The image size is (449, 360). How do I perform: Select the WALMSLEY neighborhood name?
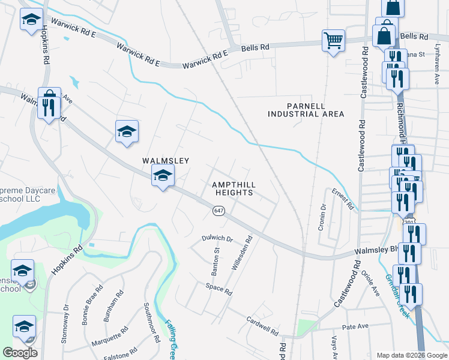click(166, 161)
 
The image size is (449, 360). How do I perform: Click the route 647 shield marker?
click(218, 211)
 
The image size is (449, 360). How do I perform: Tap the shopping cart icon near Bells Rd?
click(333, 41)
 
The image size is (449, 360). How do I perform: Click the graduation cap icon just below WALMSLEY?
click(163, 176)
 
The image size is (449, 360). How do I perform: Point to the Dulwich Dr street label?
click(217, 238)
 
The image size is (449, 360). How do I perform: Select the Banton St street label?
click(215, 262)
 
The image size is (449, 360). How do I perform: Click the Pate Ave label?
click(354, 327)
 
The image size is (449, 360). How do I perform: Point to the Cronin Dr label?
click(324, 216)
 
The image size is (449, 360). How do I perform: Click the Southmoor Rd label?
click(151, 322)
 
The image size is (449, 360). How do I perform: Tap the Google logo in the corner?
click(20, 353)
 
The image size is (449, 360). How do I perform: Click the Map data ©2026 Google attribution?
click(411, 355)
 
